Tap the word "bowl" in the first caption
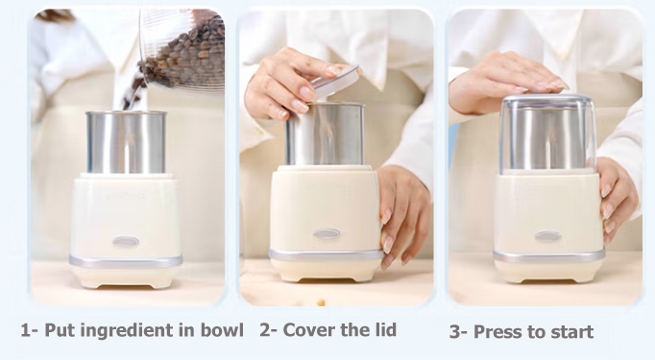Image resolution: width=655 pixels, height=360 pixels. (x=222, y=330)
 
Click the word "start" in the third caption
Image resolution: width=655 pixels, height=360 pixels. (x=572, y=332)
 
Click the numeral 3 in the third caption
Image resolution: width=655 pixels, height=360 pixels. (x=455, y=332)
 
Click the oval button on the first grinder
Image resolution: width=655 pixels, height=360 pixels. (x=126, y=241)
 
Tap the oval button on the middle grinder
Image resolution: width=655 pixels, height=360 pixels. (x=327, y=233)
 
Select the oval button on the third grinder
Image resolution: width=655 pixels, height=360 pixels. (x=547, y=236)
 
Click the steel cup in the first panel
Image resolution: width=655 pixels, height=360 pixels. (x=126, y=142)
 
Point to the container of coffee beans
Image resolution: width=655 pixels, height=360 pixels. (x=182, y=49)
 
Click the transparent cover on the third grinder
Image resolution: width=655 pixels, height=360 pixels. (x=547, y=133)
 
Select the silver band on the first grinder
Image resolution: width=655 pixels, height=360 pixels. (x=126, y=261)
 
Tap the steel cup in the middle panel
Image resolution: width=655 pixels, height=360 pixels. (x=325, y=133)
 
